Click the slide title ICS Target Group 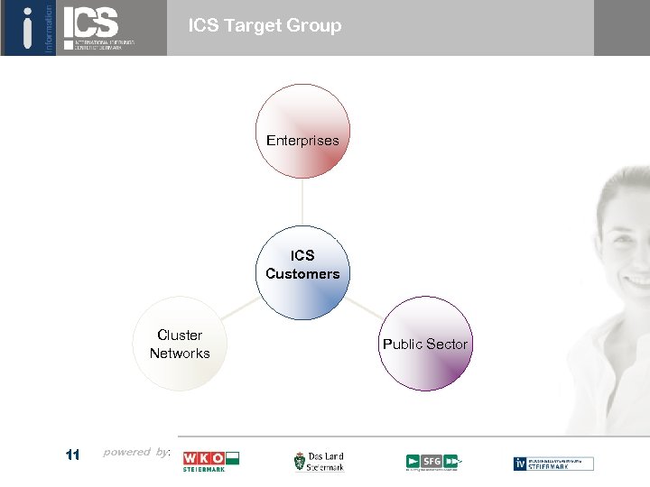click(265, 26)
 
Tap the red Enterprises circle click(302, 132)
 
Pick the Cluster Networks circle click(180, 344)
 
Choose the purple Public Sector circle click(425, 344)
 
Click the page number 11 click(73, 455)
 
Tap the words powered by click(136, 452)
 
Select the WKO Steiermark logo click(210, 462)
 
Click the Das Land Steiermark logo click(319, 462)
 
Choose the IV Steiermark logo click(553, 463)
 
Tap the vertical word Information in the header click(49, 27)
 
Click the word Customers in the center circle click(302, 274)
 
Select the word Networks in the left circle click(180, 354)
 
